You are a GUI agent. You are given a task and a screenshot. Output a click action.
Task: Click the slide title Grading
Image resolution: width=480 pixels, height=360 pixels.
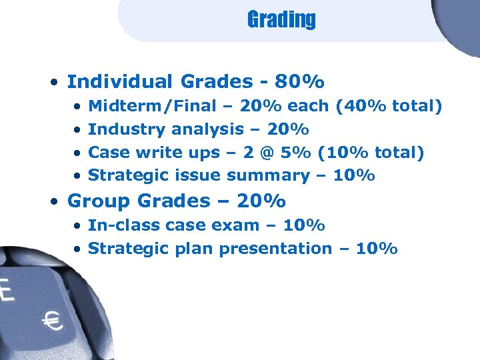[281, 20]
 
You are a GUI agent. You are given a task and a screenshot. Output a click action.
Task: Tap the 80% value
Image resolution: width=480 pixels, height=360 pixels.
[302, 82]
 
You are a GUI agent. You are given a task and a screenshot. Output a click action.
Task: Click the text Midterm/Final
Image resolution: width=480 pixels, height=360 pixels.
[152, 106]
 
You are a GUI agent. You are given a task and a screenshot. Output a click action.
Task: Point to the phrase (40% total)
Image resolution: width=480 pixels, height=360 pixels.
[397, 106]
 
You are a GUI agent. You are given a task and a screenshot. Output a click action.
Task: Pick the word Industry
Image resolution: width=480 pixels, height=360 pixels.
[127, 129]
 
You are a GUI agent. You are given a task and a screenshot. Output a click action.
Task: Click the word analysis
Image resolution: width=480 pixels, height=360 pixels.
[207, 129]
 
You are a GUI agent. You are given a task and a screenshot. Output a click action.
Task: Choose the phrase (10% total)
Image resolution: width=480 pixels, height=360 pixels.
[371, 153]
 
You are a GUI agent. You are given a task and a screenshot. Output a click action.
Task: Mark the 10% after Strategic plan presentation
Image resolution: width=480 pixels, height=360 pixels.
[377, 249]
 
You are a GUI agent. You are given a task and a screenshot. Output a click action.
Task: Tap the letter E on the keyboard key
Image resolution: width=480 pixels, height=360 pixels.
[6, 292]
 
